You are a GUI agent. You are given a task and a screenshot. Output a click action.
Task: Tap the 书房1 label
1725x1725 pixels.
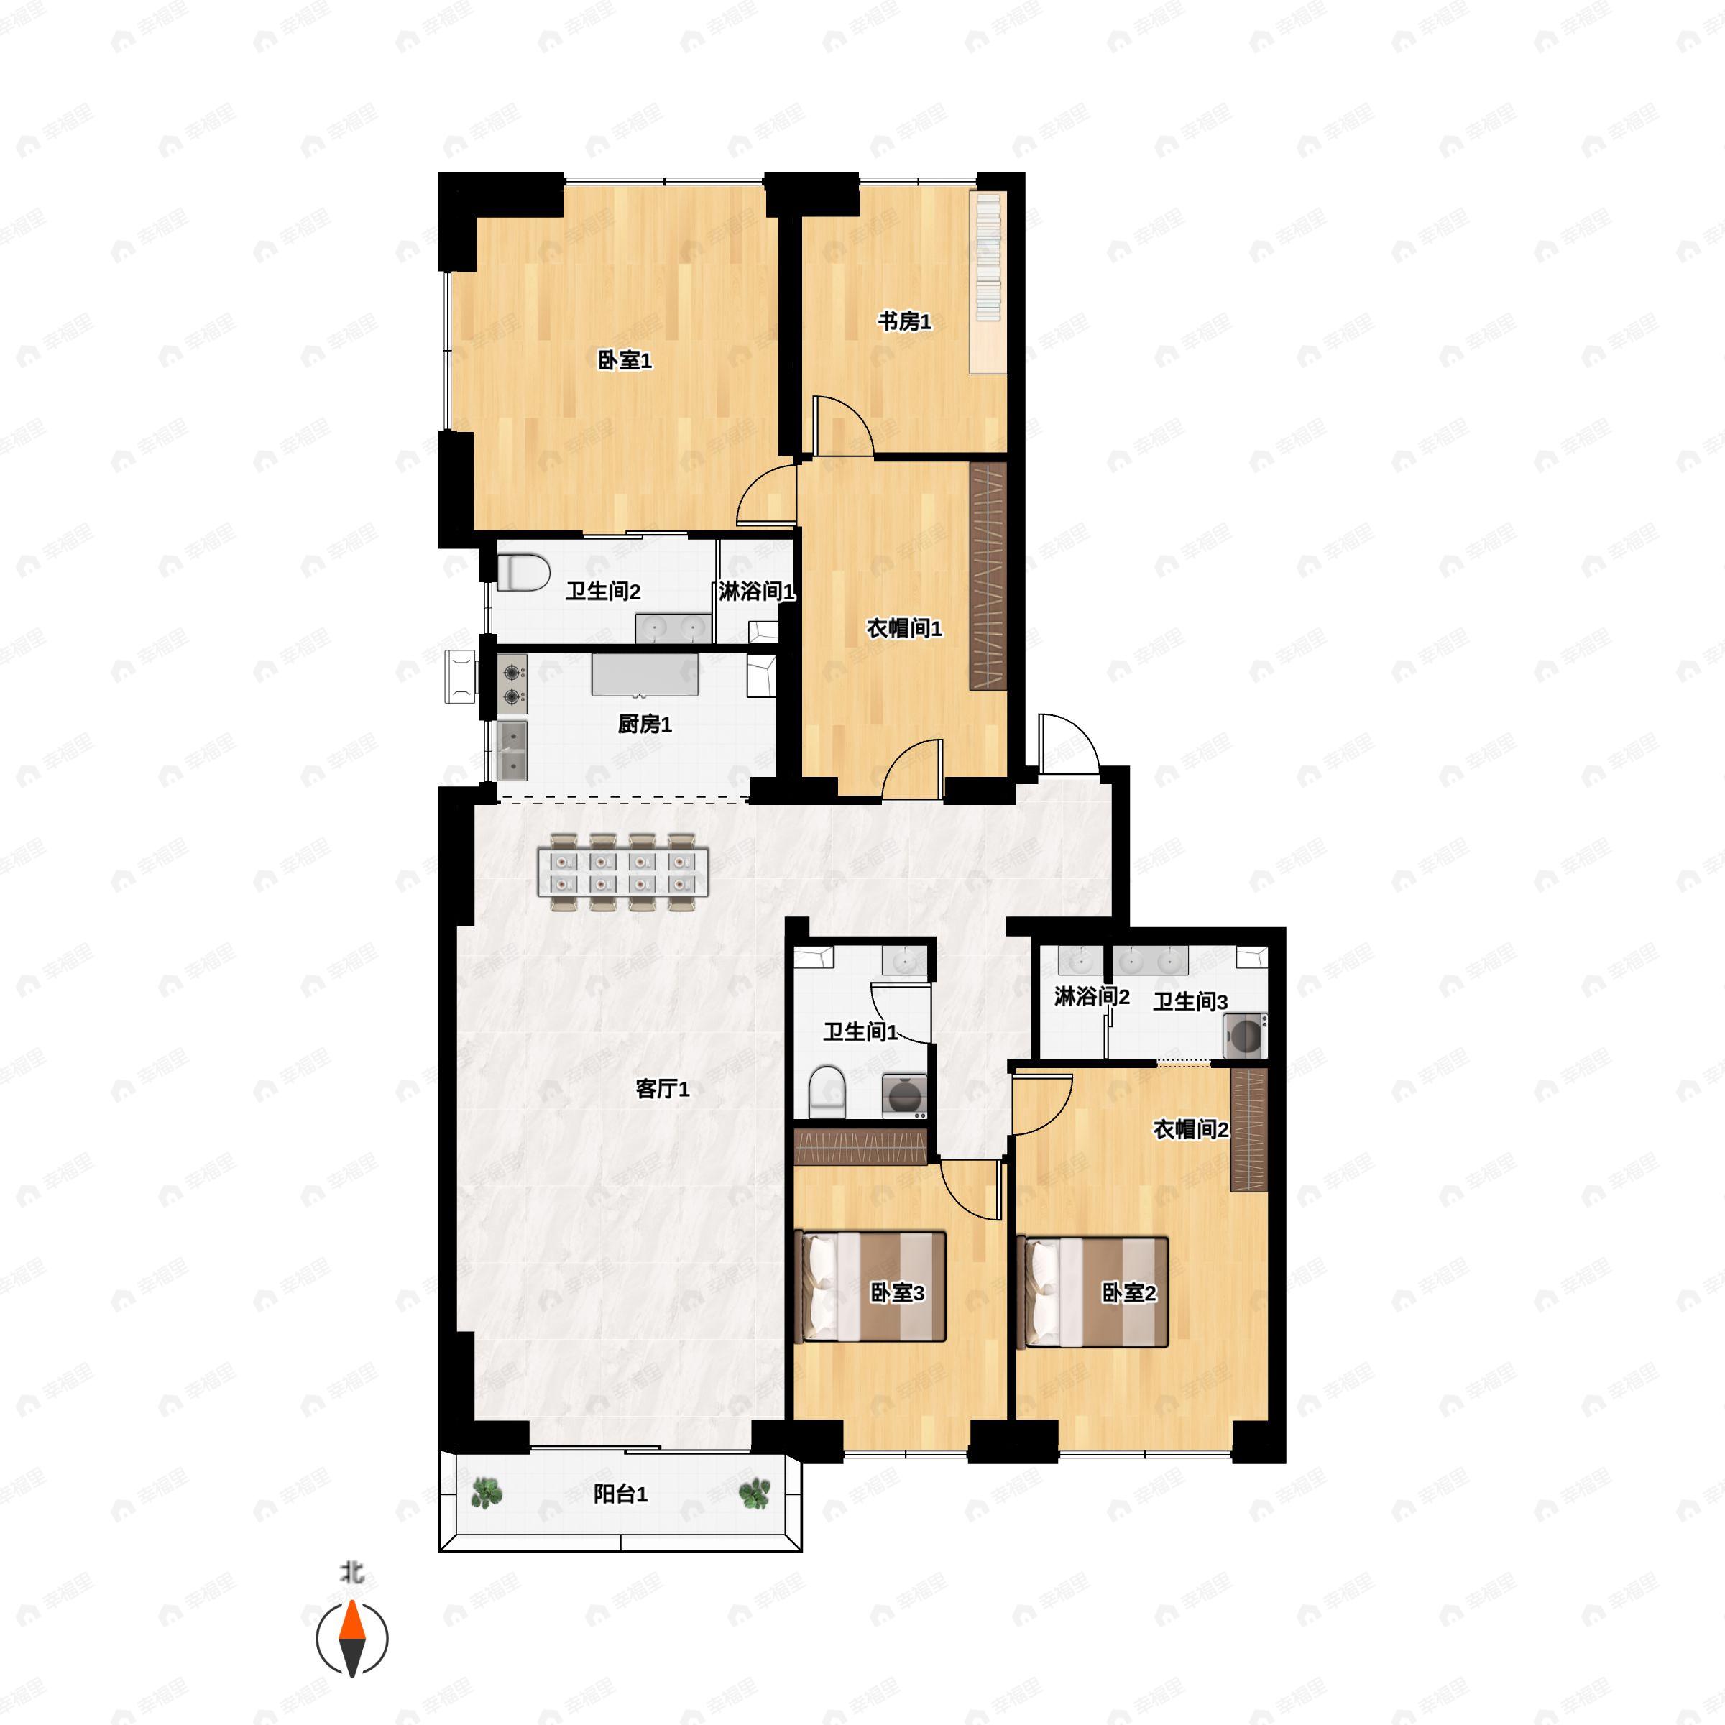tap(904, 321)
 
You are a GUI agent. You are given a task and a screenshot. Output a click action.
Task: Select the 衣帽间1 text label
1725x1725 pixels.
tap(903, 629)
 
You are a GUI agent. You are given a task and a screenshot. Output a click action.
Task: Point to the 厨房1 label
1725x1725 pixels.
tap(644, 724)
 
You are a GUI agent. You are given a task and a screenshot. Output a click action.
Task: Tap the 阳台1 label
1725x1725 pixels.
tap(620, 1494)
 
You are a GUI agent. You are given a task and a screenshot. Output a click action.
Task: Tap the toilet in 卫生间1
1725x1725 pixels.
tap(827, 1090)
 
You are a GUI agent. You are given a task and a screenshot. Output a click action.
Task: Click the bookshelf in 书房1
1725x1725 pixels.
tap(989, 282)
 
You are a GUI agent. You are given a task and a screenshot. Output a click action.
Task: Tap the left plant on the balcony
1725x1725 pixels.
tap(486, 1492)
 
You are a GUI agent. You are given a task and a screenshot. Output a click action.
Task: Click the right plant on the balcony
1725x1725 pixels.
tap(755, 1492)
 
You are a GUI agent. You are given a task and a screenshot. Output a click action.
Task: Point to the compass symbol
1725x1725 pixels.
tap(353, 1639)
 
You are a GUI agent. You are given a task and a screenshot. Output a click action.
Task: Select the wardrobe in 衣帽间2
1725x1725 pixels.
tap(1248, 1128)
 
